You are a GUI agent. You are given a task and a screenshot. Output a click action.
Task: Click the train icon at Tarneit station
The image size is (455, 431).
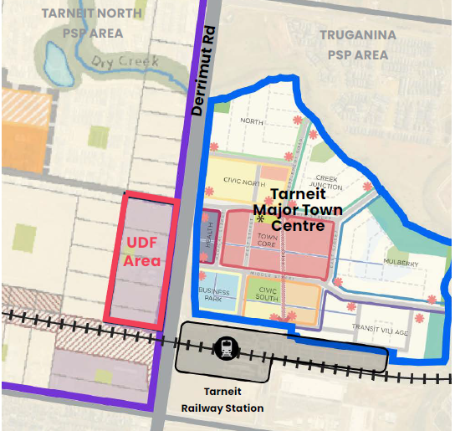point(226,349)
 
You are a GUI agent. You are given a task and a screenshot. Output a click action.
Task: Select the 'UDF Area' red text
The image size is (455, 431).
point(142,251)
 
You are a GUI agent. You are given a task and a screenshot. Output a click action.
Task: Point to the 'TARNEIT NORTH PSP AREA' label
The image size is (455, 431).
point(93,23)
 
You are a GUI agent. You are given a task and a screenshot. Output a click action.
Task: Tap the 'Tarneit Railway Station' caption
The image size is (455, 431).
point(222,400)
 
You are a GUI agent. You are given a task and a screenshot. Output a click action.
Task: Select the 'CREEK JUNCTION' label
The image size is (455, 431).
point(327,182)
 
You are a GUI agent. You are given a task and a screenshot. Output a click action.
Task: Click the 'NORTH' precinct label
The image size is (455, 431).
point(251,121)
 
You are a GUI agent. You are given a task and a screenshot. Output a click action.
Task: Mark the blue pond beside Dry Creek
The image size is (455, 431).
point(54,59)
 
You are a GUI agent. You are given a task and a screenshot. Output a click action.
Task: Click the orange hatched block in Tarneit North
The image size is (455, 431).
point(25,108)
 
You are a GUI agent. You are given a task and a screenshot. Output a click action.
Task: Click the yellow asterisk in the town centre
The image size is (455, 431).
point(261,219)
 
